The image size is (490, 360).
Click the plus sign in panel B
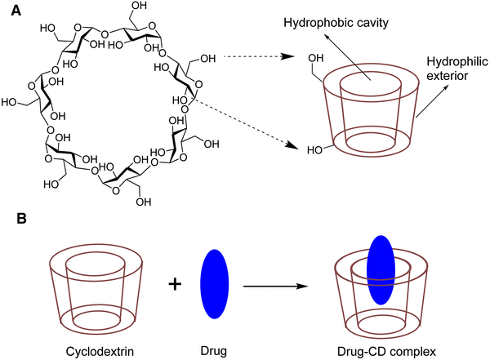[173, 284]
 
